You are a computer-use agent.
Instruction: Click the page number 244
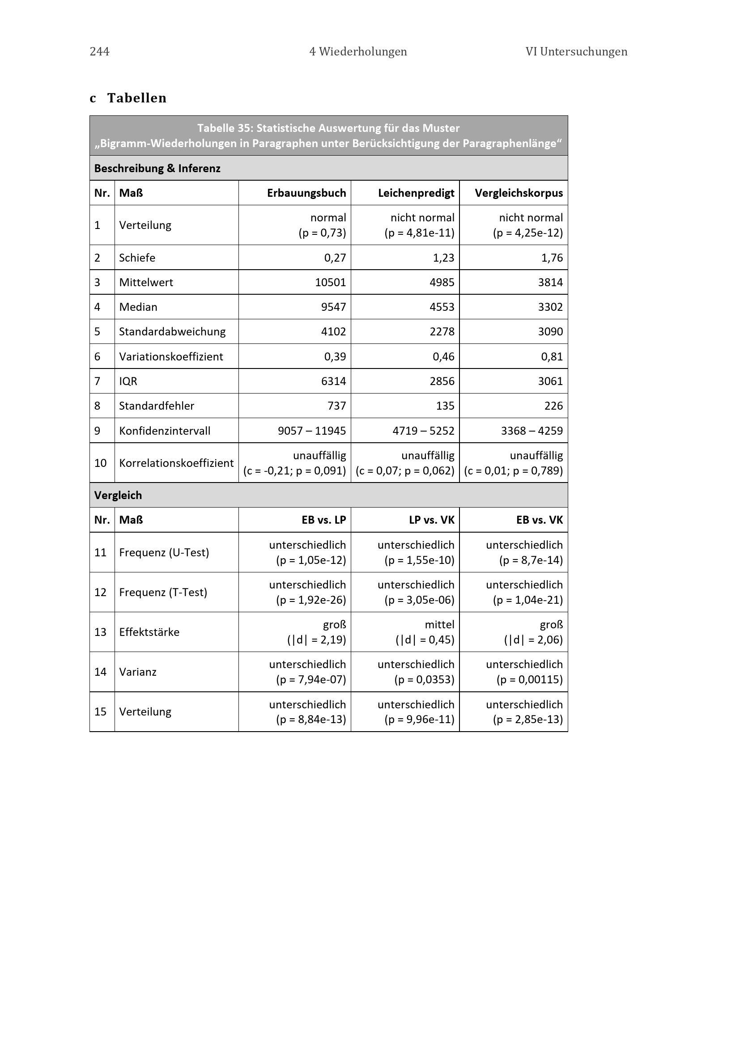click(99, 51)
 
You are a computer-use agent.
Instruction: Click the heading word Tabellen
click(137, 98)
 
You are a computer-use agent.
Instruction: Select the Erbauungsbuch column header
click(306, 193)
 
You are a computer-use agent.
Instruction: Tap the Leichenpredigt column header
click(416, 193)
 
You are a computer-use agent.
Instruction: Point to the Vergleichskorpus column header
click(519, 193)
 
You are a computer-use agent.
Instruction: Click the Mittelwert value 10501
click(330, 283)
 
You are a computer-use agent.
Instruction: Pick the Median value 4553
click(442, 307)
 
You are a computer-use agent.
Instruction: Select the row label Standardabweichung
click(172, 332)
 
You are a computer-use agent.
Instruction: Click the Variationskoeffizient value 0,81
click(552, 356)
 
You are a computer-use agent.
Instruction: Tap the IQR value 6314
click(334, 381)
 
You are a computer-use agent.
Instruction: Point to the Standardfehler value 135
click(445, 406)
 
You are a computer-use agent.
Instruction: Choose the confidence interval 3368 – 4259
click(532, 431)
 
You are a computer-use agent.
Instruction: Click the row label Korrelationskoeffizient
click(176, 463)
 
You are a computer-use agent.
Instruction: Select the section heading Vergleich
click(118, 495)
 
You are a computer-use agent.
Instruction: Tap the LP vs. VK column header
click(431, 520)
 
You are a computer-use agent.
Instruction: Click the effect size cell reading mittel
click(439, 625)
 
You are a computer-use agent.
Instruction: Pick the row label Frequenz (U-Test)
click(164, 553)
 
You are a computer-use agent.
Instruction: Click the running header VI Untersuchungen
click(576, 51)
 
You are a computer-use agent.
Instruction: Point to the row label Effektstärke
click(149, 632)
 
